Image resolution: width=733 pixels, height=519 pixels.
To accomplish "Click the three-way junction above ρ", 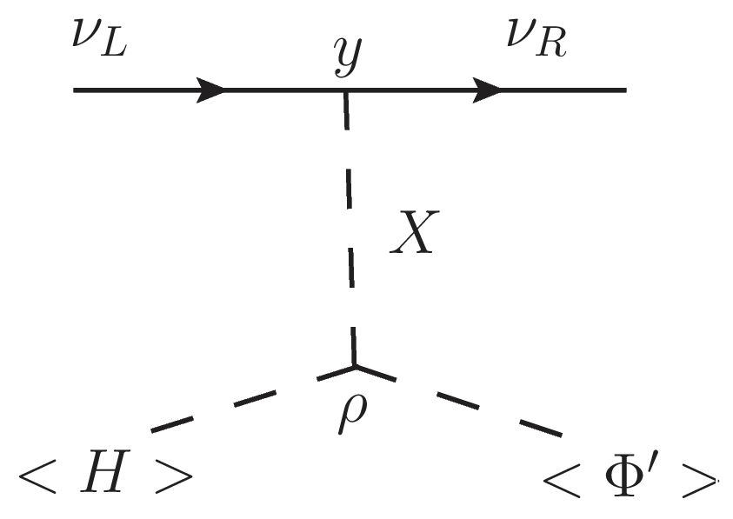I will pos(353,366).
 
